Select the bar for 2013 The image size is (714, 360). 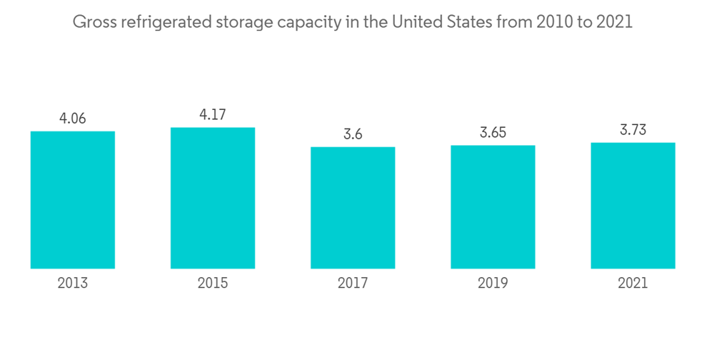pos(73,200)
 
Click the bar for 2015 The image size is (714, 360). pos(213,198)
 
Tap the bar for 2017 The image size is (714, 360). pos(353,208)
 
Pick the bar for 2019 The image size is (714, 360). pos(493,207)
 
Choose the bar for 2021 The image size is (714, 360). pos(633,206)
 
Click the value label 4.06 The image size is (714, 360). pos(73,119)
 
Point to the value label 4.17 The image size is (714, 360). pos(213,114)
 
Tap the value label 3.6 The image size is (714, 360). pos(353,134)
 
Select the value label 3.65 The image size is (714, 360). pos(493,133)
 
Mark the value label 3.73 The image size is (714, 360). pos(633,129)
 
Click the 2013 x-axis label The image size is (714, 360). pos(73,284)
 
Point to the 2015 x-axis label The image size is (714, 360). pos(213,284)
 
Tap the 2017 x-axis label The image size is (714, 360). pos(353,284)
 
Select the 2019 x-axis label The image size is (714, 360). pos(493,284)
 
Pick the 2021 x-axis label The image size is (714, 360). pos(633,284)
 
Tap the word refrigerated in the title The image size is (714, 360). pos(165,22)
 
